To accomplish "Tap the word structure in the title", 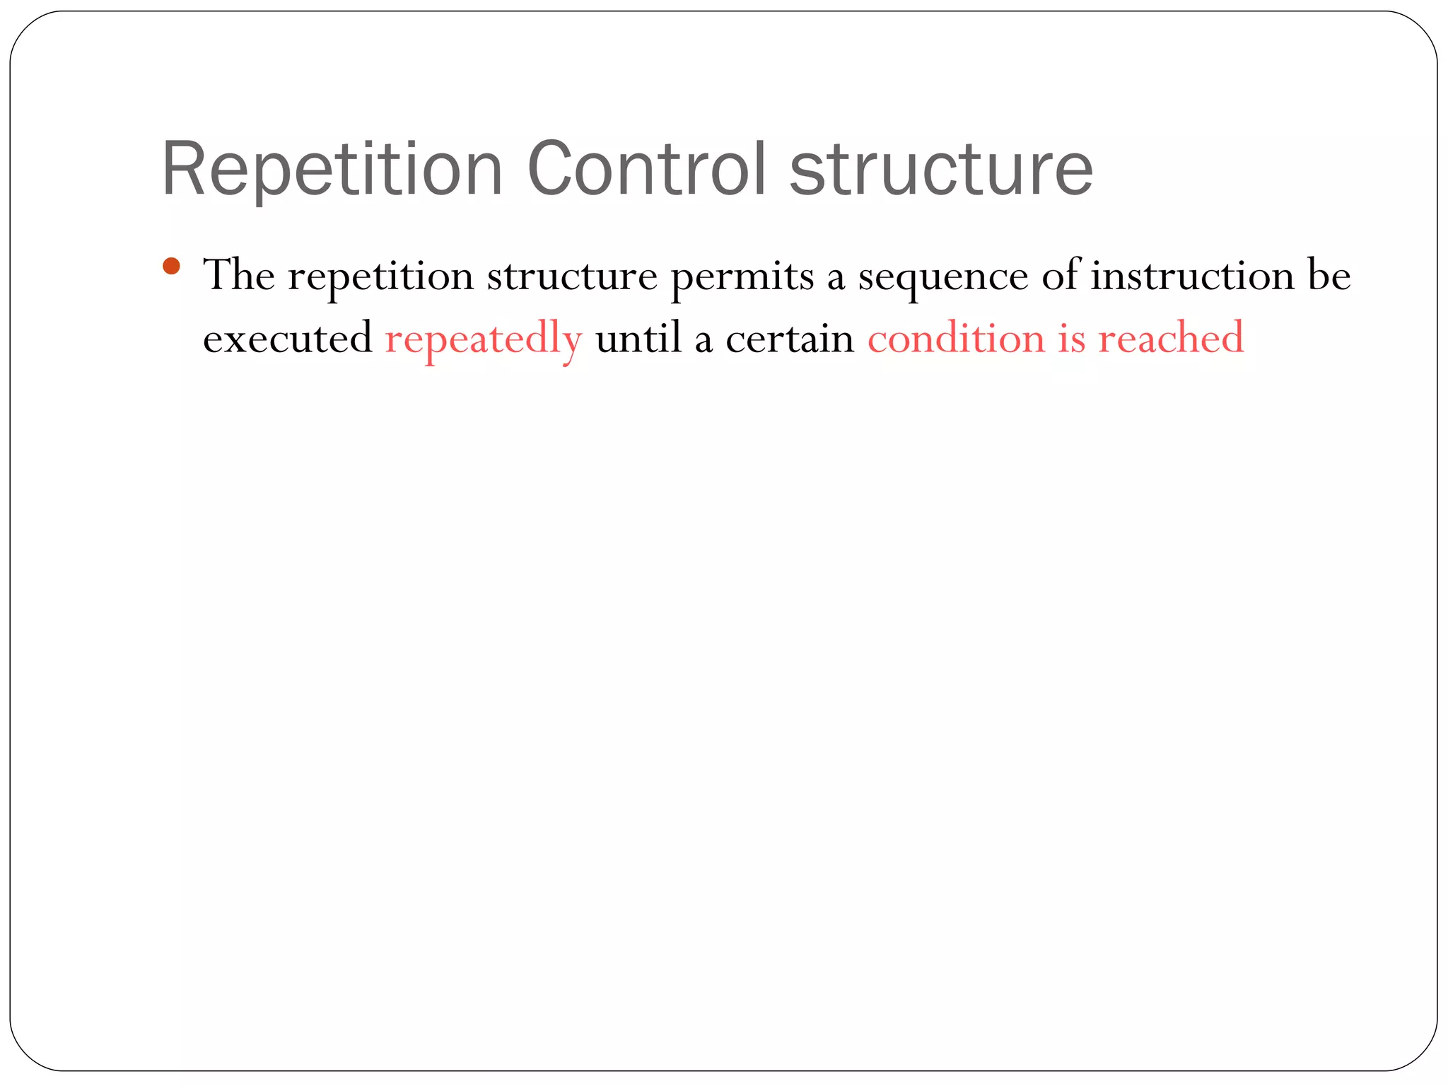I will coord(941,170).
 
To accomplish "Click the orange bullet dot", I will coord(171,267).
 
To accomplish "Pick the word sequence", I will coord(943,277).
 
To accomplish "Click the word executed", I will coord(287,338).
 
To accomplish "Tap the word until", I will coord(638,338).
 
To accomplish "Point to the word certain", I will coord(790,338).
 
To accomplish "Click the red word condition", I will coord(956,338).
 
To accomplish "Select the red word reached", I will coord(1171,338).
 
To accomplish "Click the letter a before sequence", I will coord(836,277).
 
